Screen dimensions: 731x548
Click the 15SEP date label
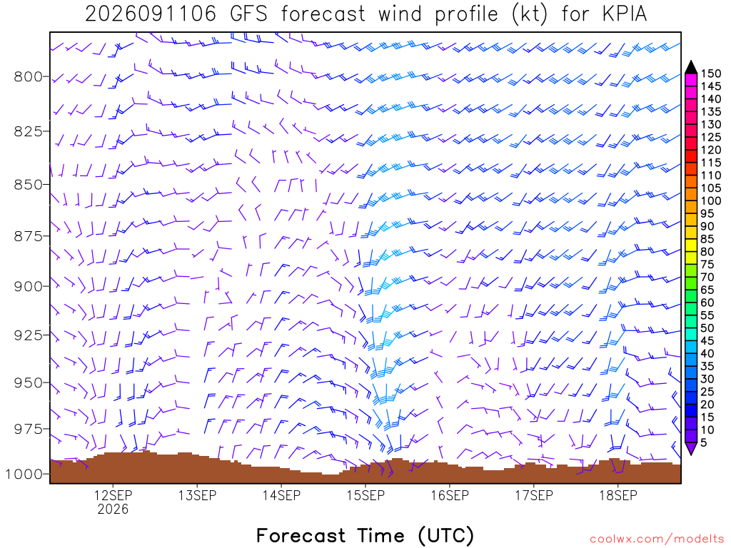366,495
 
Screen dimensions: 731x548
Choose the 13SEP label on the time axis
197,495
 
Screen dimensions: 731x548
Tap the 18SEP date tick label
618,495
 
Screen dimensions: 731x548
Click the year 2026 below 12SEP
113,509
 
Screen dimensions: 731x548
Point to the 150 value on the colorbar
711,73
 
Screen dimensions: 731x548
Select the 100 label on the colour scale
711,201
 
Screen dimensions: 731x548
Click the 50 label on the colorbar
707,328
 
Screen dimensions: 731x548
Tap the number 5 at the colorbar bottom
704,442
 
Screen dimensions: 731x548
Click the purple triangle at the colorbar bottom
691,449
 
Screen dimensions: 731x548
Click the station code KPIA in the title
625,14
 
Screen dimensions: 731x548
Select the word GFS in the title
248,14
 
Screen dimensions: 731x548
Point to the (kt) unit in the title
529,14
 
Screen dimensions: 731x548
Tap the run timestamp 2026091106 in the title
151,14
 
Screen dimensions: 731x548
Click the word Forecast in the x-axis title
301,535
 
